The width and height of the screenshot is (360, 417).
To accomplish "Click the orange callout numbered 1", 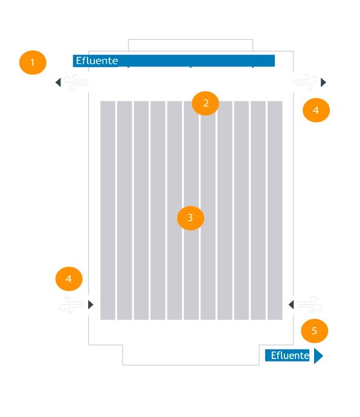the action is pyautogui.click(x=33, y=63).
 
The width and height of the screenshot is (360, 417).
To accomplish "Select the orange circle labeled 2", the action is pyautogui.click(x=205, y=103).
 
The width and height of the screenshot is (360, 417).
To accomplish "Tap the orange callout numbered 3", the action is pyautogui.click(x=190, y=218).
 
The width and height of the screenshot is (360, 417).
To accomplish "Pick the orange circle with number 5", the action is pyautogui.click(x=315, y=331).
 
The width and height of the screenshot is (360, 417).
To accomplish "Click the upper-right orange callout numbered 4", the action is pyautogui.click(x=316, y=110).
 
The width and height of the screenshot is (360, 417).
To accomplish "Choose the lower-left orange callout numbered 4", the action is pyautogui.click(x=69, y=279).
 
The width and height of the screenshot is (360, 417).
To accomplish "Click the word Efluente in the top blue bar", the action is pyautogui.click(x=97, y=60).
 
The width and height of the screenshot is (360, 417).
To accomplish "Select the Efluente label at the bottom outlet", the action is pyautogui.click(x=290, y=355).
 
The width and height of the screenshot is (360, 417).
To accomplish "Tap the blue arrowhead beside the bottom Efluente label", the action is pyautogui.click(x=318, y=355).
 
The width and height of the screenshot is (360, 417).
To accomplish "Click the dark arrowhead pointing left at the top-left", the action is pyautogui.click(x=58, y=82).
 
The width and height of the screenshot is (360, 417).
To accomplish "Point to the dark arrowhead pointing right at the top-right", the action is pyautogui.click(x=323, y=82).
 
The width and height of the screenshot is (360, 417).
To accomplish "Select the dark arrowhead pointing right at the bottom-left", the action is pyautogui.click(x=91, y=305).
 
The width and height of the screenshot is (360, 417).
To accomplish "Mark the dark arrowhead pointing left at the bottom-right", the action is pyautogui.click(x=291, y=305).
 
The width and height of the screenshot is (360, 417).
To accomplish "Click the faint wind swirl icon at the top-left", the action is pyautogui.click(x=77, y=83).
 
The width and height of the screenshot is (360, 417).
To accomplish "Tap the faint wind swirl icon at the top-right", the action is pyautogui.click(x=305, y=83).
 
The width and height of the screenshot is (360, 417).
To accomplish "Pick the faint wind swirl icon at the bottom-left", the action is pyautogui.click(x=72, y=305).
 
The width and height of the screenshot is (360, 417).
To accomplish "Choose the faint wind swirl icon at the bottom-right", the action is pyautogui.click(x=310, y=305).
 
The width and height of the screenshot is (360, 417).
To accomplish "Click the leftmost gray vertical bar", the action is pyautogui.click(x=108, y=211).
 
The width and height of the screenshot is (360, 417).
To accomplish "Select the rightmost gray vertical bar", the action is pyautogui.click(x=275, y=211).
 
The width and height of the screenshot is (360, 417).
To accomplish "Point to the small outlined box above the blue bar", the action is pyautogui.click(x=190, y=40).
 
